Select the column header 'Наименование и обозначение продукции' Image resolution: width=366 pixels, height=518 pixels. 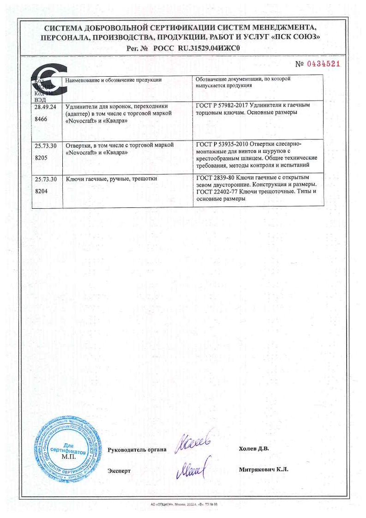click(x=114, y=80)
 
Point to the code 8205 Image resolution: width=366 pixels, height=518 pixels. click(x=42, y=157)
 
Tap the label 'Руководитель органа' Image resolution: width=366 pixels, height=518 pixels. click(x=137, y=449)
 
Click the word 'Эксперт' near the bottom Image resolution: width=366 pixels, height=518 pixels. click(x=119, y=470)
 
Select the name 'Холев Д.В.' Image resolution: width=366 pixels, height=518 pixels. click(x=254, y=448)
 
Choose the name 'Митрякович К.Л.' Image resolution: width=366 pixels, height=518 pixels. click(x=264, y=470)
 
